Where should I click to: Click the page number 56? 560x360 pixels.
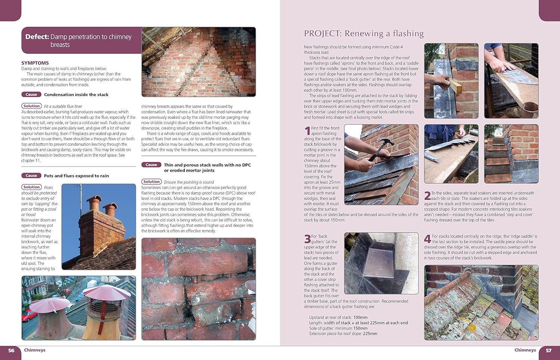point(11,350)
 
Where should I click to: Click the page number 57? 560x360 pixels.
point(548,350)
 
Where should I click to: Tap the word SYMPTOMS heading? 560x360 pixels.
point(35,63)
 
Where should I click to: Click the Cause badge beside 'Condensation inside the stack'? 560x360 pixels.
point(31,94)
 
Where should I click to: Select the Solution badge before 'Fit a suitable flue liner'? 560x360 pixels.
point(31,106)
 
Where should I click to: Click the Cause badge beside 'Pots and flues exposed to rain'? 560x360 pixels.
point(31,176)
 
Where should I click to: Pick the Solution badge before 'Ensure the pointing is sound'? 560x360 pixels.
point(151,182)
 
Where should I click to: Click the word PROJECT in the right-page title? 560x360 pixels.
point(322,34)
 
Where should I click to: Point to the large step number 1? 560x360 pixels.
point(307,131)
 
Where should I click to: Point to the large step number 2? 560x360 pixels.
point(427,196)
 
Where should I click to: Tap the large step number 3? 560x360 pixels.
point(307,239)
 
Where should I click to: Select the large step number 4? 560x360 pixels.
point(427,239)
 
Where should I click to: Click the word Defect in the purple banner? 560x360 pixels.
point(37,37)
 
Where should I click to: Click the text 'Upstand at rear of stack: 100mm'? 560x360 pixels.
point(338,317)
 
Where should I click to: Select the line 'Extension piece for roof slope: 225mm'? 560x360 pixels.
point(343,333)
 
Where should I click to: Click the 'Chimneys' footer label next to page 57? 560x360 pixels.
point(525,350)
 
